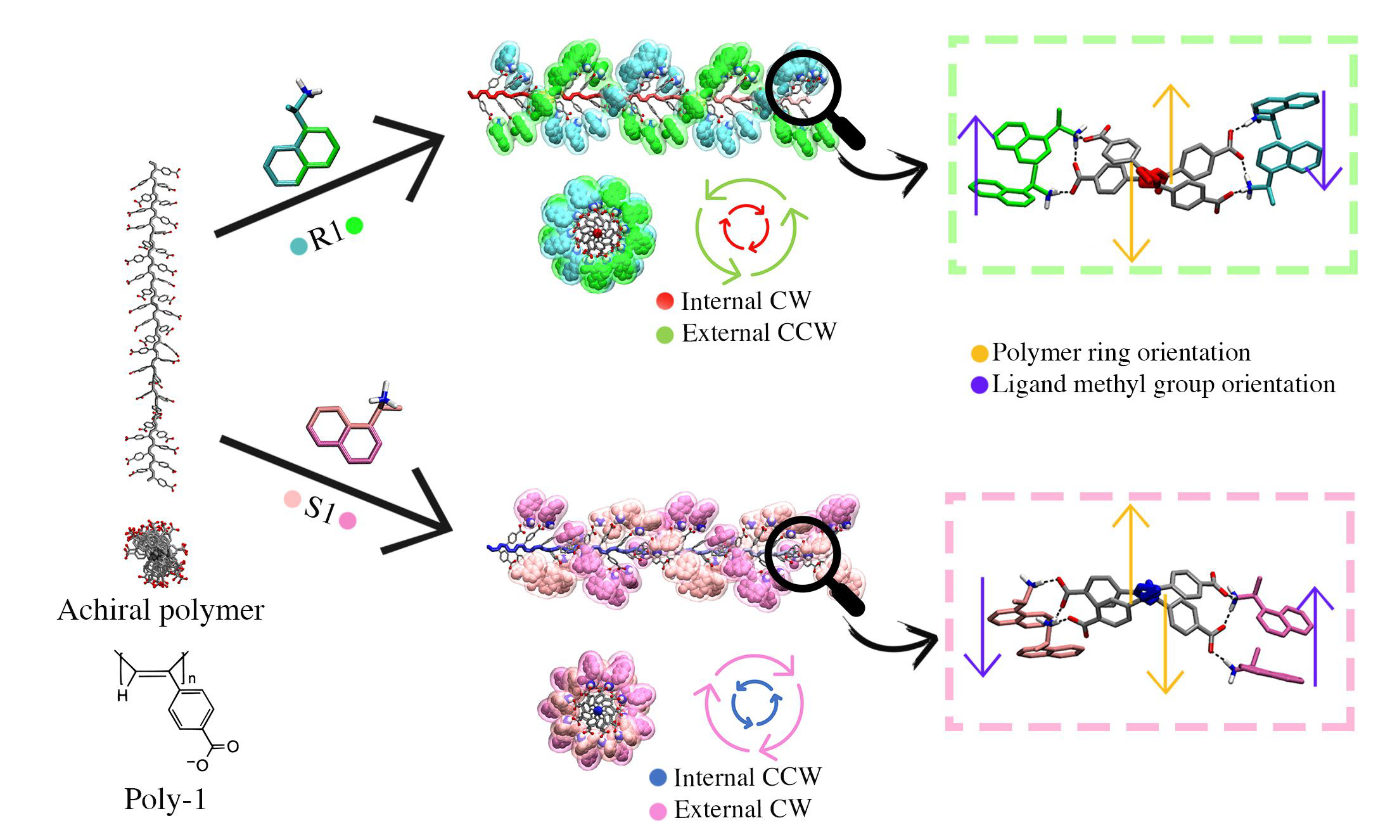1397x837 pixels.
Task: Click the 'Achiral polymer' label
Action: tap(160, 610)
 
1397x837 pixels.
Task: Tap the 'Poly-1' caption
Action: tap(165, 799)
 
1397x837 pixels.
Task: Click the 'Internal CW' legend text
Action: tap(745, 301)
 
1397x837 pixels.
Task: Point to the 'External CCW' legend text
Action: tap(758, 333)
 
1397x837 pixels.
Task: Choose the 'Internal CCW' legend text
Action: tap(747, 777)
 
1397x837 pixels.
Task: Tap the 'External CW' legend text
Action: tap(742, 809)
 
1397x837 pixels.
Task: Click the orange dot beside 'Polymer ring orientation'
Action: tap(979, 354)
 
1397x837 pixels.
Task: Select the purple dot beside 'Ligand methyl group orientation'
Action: tap(979, 385)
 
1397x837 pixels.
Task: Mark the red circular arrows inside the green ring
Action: tap(746, 227)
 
